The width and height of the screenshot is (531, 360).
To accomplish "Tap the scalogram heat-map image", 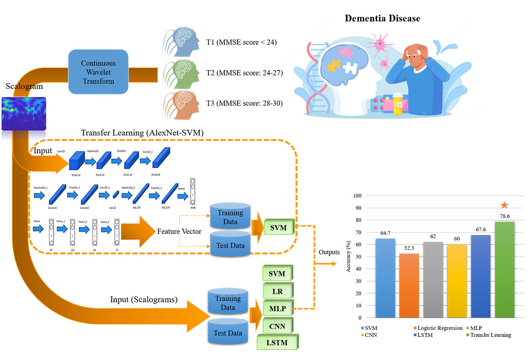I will pyautogui.click(x=24, y=114).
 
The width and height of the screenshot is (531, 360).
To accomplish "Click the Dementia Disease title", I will pyautogui.click(x=383, y=19).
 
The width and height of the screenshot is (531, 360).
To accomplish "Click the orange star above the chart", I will pyautogui.click(x=504, y=205).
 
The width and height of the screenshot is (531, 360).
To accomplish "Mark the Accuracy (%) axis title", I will pyautogui.click(x=349, y=257).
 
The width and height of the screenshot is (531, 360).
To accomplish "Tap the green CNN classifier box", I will pyautogui.click(x=277, y=327).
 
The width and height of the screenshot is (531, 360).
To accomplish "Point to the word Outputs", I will pyautogui.click(x=329, y=252).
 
